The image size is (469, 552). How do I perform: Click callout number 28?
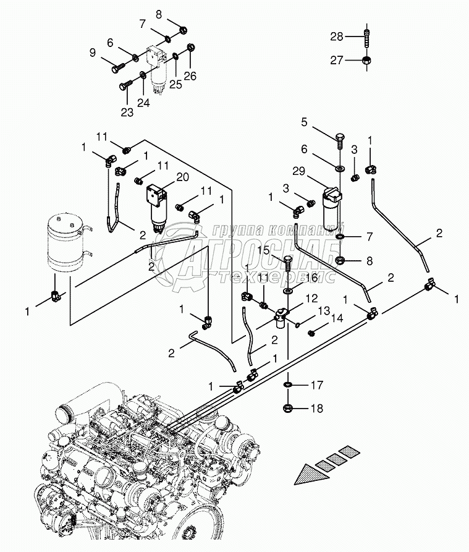click(336, 37)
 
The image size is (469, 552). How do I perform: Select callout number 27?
click(336, 60)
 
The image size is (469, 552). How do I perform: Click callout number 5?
click(305, 122)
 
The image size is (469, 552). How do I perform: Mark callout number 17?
click(317, 386)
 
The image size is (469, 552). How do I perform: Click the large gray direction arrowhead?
click(310, 475)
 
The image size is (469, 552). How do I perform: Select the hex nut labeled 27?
click(366, 60)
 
